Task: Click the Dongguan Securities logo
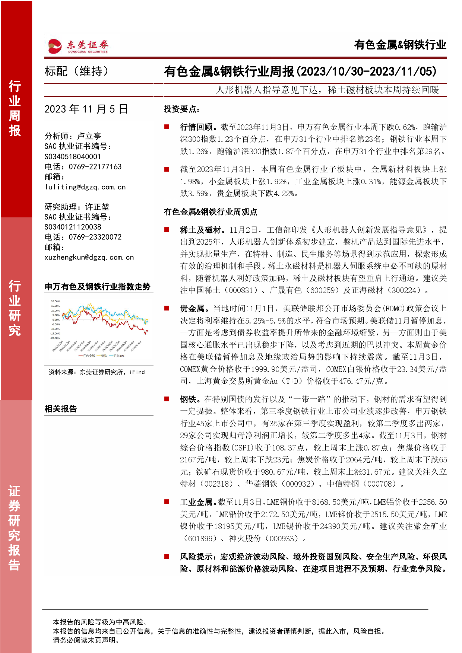tap(78, 46)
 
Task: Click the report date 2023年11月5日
tap(86, 109)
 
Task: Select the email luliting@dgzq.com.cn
tap(85, 187)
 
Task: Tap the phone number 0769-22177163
tap(95, 167)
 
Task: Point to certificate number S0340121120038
tap(73, 227)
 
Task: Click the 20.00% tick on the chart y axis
tap(55, 302)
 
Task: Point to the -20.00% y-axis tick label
tap(55, 338)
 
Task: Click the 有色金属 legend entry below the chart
tap(89, 356)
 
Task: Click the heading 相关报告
tap(61, 409)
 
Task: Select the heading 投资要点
tap(182, 109)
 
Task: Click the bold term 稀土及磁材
tap(202, 230)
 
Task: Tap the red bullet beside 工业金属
tap(167, 502)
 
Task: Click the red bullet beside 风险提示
tap(167, 557)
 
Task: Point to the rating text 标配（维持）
tap(77, 71)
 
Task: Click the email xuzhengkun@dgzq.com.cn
tap(89, 257)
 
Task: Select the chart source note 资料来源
tap(96, 372)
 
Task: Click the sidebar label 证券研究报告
tap(15, 528)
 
